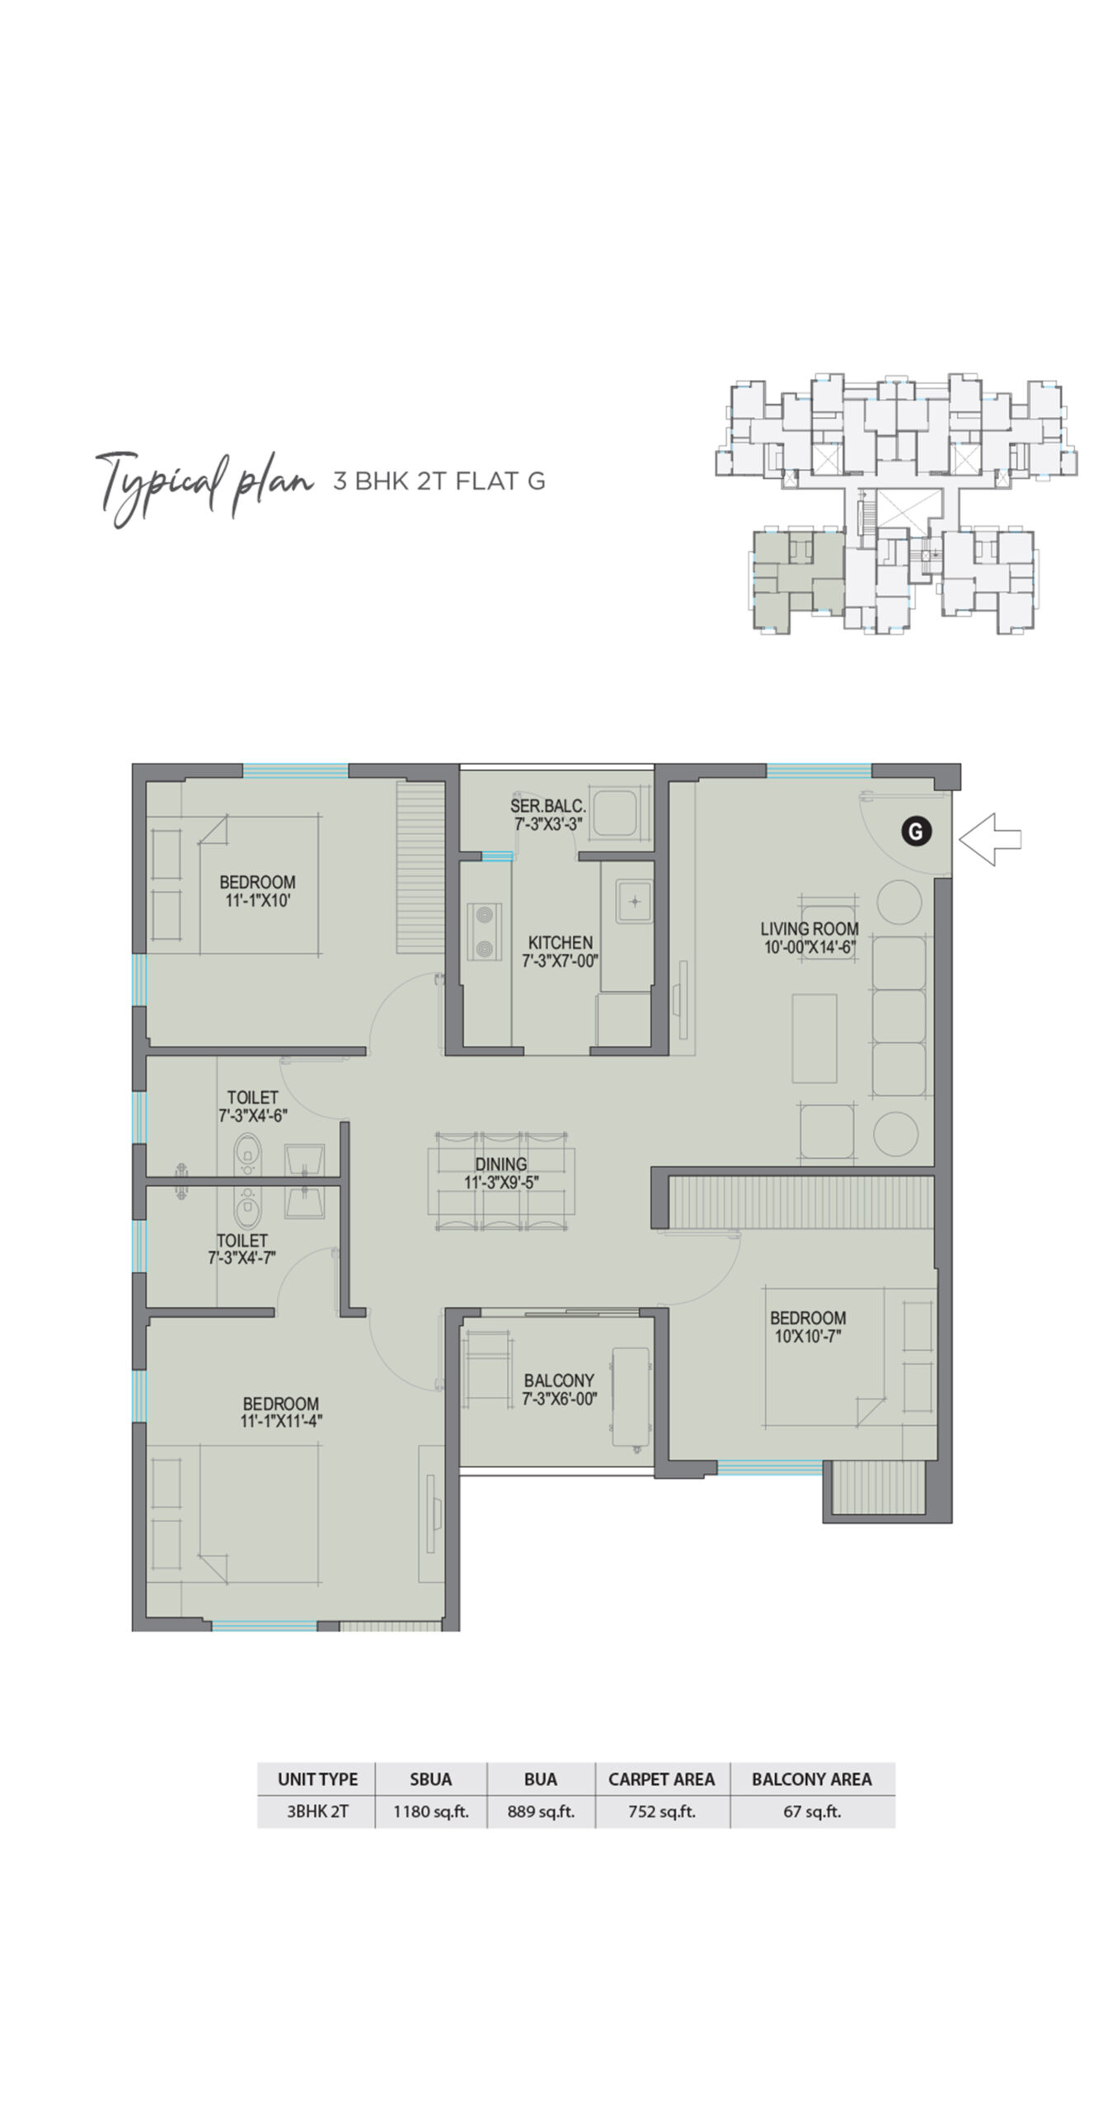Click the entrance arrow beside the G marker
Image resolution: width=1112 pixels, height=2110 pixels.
[989, 839]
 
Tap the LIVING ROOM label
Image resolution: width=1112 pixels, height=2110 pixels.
[809, 937]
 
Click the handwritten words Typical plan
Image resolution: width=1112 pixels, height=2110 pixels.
[203, 486]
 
